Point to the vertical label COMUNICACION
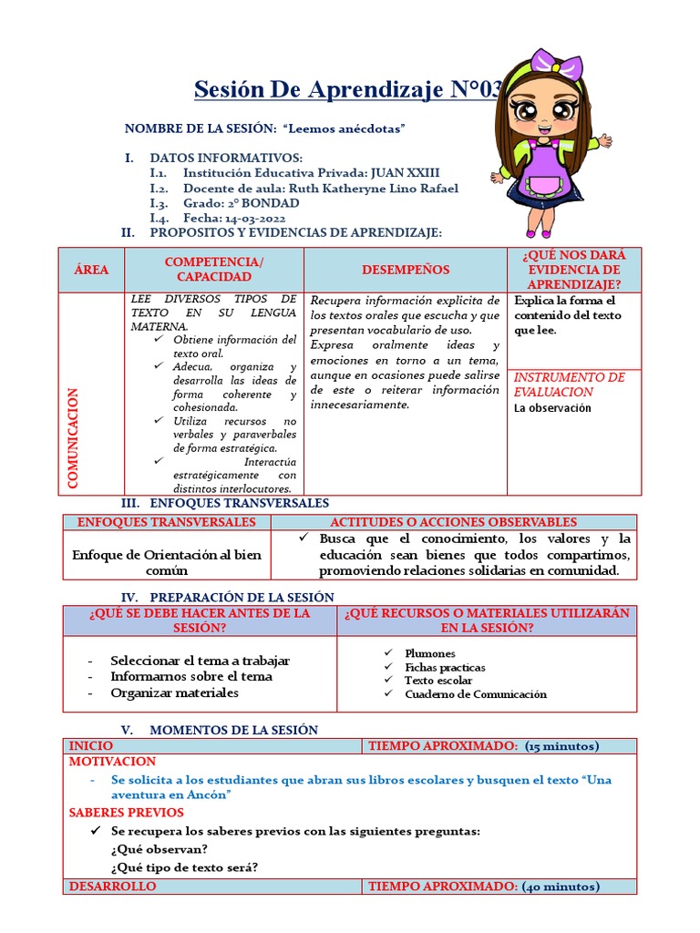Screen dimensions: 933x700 (74, 438)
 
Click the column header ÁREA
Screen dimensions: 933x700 (91, 270)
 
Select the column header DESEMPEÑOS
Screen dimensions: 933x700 (406, 270)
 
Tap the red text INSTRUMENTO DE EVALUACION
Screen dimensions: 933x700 (569, 384)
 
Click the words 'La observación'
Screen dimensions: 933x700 (552, 408)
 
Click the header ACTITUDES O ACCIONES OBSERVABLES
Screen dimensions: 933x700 (453, 522)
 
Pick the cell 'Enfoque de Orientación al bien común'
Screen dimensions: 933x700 (167, 562)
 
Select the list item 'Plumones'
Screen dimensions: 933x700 (430, 653)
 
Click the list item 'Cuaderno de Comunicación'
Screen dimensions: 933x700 (476, 693)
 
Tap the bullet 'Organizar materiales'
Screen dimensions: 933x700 (174, 692)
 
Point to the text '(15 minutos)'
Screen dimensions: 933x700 (561, 746)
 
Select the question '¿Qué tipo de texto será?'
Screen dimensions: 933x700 (184, 867)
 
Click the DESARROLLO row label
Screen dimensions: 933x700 (112, 887)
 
